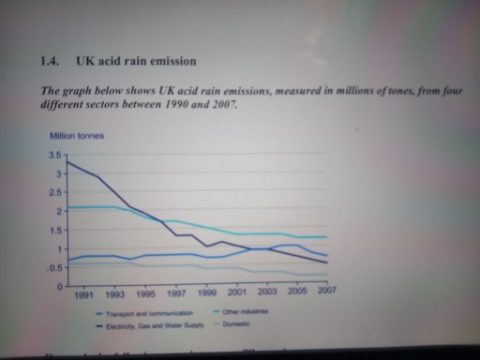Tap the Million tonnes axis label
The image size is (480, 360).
click(x=78, y=137)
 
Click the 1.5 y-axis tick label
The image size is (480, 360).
click(x=54, y=231)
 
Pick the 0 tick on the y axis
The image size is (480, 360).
click(x=58, y=287)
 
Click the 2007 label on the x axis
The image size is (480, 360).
click(x=326, y=292)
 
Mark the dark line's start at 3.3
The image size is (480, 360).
click(x=67, y=163)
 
